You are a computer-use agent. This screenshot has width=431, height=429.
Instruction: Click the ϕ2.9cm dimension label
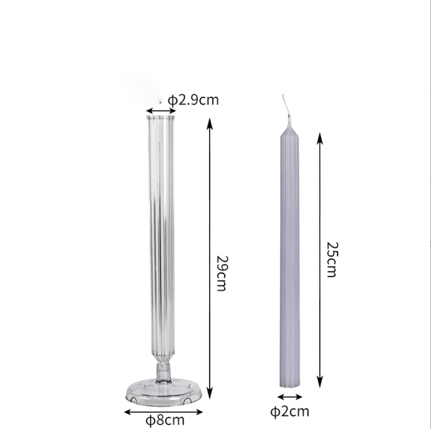193,100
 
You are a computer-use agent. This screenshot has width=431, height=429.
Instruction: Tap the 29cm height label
221,272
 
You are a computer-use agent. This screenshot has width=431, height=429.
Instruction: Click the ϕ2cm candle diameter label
289,411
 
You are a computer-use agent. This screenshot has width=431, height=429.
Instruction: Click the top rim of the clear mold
161,116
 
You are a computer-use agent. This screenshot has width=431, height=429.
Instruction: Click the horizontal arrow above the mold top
161,111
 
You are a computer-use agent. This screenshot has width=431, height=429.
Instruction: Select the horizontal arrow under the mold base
163,412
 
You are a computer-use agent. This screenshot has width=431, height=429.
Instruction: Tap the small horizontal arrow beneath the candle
289,396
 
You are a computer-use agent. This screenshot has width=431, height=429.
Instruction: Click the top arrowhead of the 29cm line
210,122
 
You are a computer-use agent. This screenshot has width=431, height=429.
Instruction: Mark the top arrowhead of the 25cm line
320,135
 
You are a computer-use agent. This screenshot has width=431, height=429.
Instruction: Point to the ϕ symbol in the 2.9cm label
172,100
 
